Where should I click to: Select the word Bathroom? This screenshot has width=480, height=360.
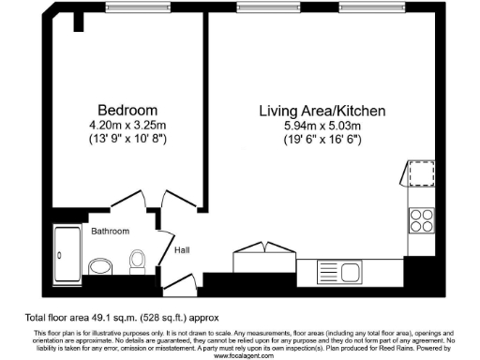[x=110, y=231]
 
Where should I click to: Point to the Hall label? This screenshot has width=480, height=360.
[x=183, y=251]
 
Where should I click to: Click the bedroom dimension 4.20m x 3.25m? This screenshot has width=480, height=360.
[x=121, y=125]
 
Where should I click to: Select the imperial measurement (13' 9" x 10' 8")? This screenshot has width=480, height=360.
[x=121, y=139]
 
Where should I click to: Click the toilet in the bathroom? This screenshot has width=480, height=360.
[x=137, y=260]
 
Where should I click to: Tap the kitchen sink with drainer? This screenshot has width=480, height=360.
[x=343, y=271]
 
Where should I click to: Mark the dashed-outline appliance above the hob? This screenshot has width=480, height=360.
[x=421, y=174]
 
